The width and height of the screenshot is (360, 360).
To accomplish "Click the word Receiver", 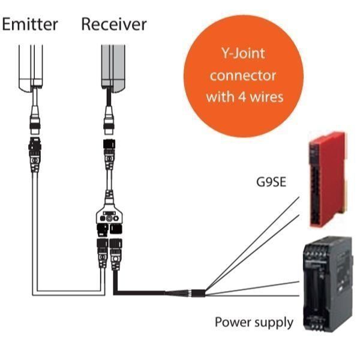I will click(114, 24).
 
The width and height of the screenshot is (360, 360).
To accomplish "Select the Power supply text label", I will click(254, 322).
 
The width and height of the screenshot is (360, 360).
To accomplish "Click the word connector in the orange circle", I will click(244, 76).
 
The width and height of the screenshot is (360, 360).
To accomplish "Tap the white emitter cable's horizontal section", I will click(66, 293).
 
